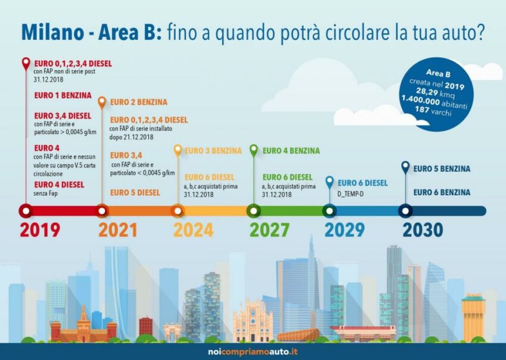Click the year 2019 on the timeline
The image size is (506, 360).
point(40,230)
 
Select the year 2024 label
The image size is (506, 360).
point(193,230)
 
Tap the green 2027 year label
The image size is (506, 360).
point(270,230)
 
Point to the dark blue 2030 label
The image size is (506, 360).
point(423,230)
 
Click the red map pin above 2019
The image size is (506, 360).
point(26,64)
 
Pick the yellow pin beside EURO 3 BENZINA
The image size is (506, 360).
point(178,151)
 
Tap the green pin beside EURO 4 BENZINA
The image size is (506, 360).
point(254,151)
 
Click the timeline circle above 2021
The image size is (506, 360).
point(102,211)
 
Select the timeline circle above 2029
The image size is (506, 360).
point(329,211)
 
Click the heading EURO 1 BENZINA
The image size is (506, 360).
point(63,95)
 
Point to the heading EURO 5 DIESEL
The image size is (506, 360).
point(135,193)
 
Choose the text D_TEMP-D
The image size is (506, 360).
point(351,194)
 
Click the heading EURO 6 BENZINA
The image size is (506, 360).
point(442,192)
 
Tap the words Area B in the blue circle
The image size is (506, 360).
point(438,74)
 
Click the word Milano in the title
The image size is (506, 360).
point(52,32)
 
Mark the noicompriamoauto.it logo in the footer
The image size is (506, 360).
point(252,352)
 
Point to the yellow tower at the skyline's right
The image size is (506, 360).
point(473,317)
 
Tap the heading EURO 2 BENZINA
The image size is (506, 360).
point(139,102)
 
